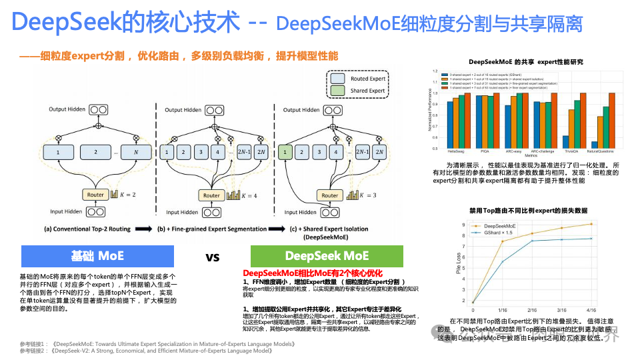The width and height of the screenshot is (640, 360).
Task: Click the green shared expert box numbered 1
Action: (x=285, y=152)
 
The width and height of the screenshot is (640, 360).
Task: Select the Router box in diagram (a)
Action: (x=95, y=195)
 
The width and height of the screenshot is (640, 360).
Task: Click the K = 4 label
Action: (x=254, y=196)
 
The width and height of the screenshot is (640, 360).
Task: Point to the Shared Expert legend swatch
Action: (x=337, y=91)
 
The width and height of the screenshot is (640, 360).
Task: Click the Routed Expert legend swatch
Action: (x=337, y=79)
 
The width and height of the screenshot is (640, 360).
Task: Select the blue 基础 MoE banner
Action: (x=97, y=256)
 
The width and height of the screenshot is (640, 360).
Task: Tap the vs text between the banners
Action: (x=213, y=257)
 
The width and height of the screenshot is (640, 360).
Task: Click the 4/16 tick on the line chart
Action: (x=591, y=310)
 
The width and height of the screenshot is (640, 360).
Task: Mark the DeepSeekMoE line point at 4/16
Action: (x=591, y=224)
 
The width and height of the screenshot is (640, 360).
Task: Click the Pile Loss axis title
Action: (x=459, y=263)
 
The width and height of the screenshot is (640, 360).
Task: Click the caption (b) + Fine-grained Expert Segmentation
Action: (x=210, y=229)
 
